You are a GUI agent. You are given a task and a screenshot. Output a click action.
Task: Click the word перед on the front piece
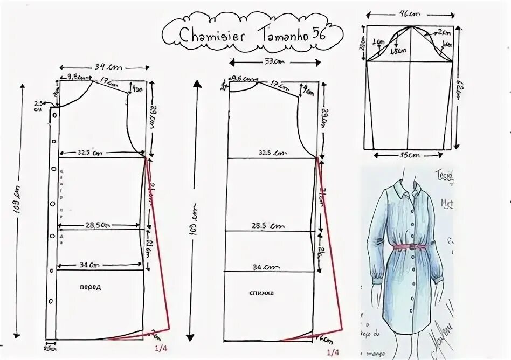click(x=92, y=288)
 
